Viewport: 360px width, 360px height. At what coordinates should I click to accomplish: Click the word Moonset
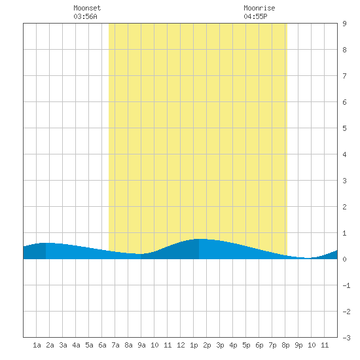coord(87,8)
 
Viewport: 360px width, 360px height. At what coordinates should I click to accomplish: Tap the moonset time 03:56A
coord(85,16)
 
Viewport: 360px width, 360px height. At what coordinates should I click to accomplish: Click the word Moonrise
coord(259,8)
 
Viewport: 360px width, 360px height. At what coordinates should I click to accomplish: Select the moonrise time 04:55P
coord(255,16)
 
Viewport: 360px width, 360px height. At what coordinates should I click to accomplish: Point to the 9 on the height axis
coord(344,24)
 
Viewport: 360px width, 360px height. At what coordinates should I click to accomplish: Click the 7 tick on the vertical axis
coord(344,76)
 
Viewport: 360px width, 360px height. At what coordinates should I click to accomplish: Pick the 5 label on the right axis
coord(344,128)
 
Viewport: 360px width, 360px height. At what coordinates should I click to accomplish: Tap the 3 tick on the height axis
coord(344,181)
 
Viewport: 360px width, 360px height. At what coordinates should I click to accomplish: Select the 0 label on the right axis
coord(344,259)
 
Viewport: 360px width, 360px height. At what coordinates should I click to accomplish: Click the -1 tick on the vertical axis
coord(346,285)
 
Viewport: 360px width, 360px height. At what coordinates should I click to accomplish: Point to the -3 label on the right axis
coord(346,338)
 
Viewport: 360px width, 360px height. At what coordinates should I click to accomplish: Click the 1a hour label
coord(37,345)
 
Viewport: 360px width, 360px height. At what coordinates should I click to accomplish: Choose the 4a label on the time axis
coord(76,345)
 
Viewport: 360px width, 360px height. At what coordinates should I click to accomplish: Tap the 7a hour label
coord(115,345)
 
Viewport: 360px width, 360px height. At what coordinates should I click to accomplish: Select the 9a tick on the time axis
coord(141,345)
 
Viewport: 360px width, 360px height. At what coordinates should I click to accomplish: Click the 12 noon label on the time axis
coord(181,345)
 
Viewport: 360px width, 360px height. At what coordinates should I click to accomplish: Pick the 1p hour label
coord(194,345)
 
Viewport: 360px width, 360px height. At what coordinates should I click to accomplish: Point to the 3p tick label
coord(220,345)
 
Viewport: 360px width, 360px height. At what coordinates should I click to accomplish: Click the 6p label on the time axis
coord(259,345)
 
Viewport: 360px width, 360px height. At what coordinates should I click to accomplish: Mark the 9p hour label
coord(298,345)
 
